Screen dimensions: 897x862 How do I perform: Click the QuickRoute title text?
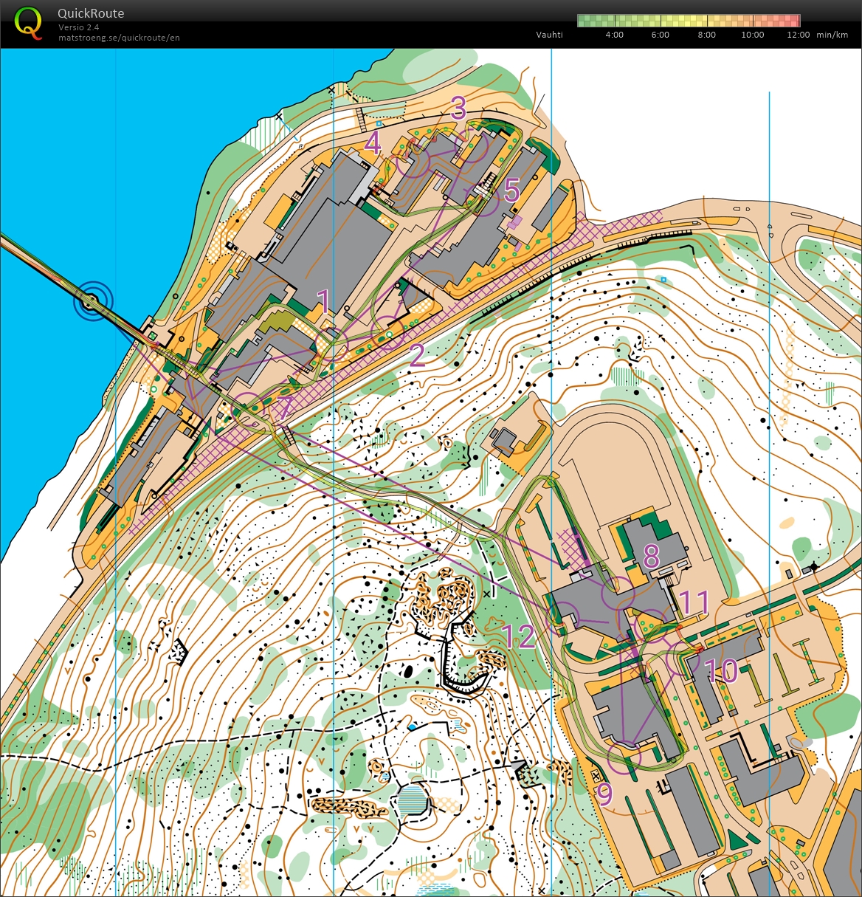[x=91, y=13]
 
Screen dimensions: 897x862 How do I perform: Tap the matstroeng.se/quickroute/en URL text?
[x=119, y=38]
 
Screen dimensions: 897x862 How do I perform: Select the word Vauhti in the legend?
[x=549, y=35]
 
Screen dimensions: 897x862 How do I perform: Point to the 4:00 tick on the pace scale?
[x=614, y=35]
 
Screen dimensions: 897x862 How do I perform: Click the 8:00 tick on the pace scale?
[x=706, y=35]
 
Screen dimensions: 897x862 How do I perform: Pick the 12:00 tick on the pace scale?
[x=798, y=35]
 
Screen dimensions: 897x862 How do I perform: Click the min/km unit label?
[x=832, y=35]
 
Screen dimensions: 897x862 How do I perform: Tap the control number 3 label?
[x=458, y=108]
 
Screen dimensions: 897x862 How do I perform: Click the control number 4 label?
[x=373, y=143]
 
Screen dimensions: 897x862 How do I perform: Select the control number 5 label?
[x=511, y=190]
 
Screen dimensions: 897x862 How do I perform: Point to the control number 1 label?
[x=323, y=301]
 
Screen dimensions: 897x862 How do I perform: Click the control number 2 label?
[x=417, y=356]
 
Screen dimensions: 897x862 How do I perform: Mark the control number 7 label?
[x=285, y=408]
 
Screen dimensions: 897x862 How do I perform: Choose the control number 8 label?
[x=651, y=556]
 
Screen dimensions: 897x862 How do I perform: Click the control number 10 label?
[x=721, y=671]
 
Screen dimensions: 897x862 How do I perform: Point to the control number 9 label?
[x=604, y=795]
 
